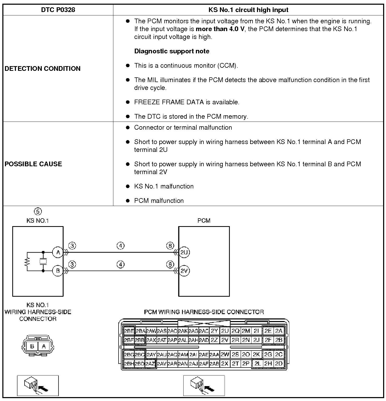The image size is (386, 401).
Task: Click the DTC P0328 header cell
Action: tap(58, 10)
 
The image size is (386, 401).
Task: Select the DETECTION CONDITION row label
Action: tap(43, 68)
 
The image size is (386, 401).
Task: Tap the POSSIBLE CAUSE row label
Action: tap(33, 164)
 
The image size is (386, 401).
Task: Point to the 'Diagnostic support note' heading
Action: tap(172, 51)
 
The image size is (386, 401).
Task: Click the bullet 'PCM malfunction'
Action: tap(159, 200)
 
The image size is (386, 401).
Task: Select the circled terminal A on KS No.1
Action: tap(58, 252)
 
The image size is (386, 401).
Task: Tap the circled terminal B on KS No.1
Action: tap(58, 271)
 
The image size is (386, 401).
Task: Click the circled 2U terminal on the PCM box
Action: tap(184, 252)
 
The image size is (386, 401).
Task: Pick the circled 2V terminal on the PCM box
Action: tap(184, 271)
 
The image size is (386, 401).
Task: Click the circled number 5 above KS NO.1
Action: tap(38, 211)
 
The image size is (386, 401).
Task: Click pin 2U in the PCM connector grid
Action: tap(225, 331)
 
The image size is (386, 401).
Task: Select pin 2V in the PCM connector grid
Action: tap(225, 340)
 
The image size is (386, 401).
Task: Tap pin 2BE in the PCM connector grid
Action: tap(129, 331)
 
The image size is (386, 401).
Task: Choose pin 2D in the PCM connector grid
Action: tap(279, 363)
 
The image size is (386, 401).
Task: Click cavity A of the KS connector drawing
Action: tap(44, 346)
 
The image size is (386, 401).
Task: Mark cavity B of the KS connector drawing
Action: tap(32, 346)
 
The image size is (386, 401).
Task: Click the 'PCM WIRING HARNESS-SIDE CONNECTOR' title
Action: tap(204, 312)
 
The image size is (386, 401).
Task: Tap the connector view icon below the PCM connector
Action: tap(204, 386)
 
